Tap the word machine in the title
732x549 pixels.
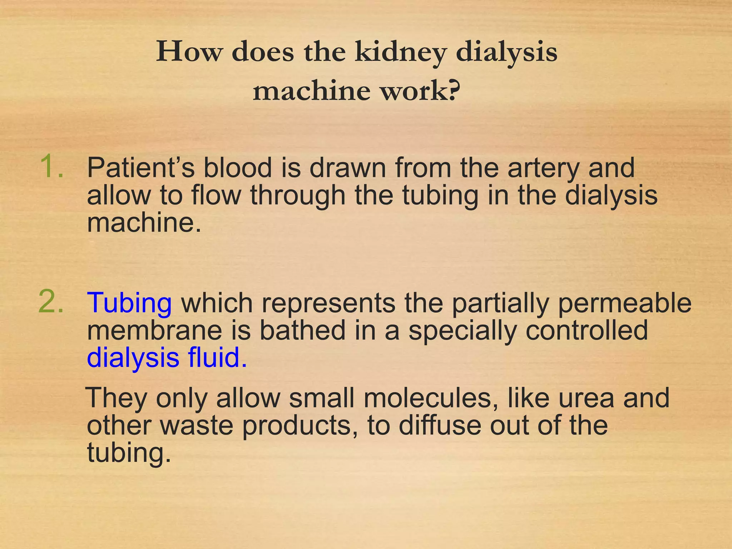pyautogui.click(x=311, y=91)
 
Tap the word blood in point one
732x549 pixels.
pyautogui.click(x=237, y=168)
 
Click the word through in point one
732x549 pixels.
pyautogui.click(x=298, y=196)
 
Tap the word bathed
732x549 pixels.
pyautogui.click(x=302, y=330)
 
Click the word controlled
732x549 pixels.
pyautogui.click(x=587, y=330)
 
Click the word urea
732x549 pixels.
pyautogui.click(x=586, y=398)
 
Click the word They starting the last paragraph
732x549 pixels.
pyautogui.click(x=117, y=398)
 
